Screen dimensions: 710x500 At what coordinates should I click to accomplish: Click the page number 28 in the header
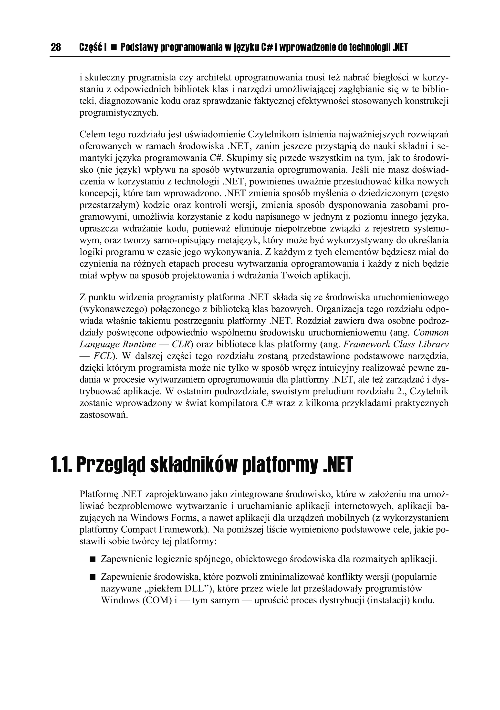pos(56,47)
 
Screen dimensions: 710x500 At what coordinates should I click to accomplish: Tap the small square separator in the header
pos(113,48)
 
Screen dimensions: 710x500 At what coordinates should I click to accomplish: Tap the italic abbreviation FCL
pos(103,356)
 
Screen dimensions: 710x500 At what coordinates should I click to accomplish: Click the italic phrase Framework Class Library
pos(396,345)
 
